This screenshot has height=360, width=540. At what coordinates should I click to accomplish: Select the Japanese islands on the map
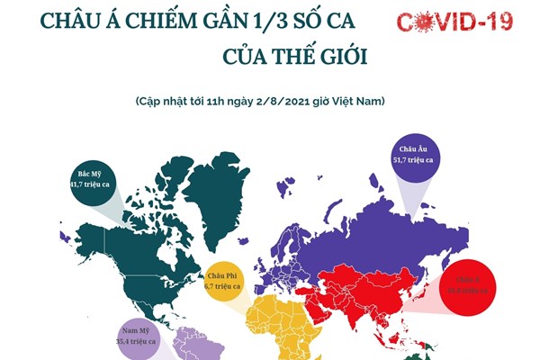(x=430, y=286)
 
